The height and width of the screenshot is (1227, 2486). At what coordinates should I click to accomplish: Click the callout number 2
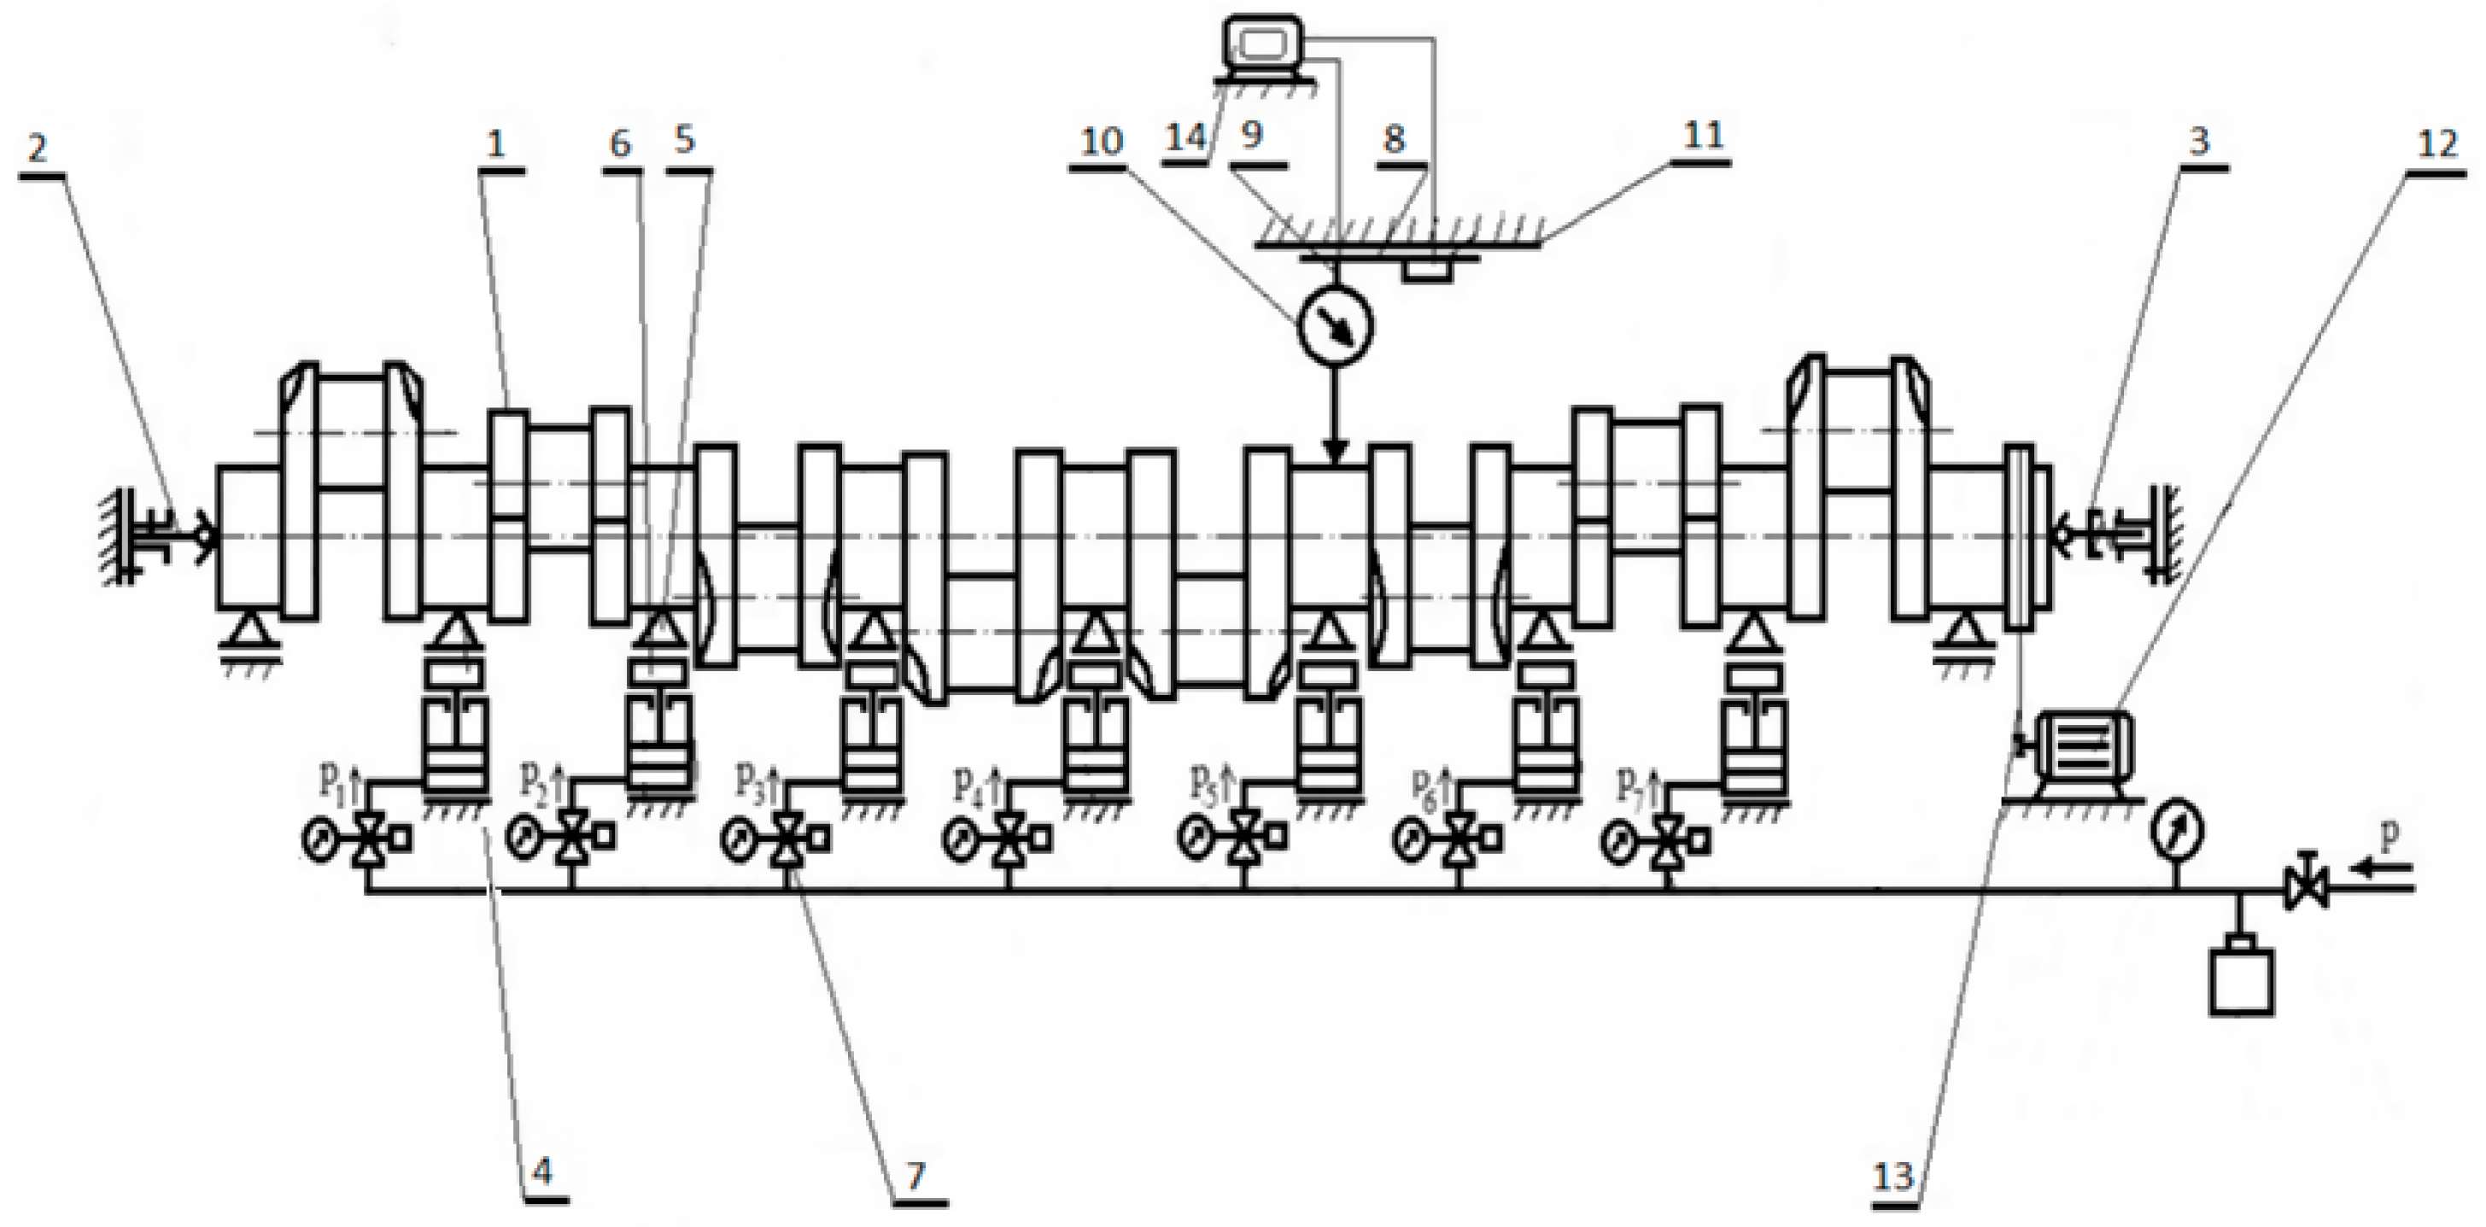(x=38, y=149)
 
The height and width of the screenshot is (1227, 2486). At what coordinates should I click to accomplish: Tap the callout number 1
(x=496, y=144)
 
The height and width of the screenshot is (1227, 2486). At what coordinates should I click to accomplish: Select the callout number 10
(x=1100, y=142)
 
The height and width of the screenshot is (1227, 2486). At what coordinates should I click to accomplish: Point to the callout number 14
(x=1186, y=138)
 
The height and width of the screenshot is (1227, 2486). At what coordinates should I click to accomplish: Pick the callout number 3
(x=2198, y=142)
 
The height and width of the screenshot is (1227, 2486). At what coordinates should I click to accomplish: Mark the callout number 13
(x=1892, y=1177)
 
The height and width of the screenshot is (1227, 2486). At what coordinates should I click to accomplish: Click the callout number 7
(x=915, y=1175)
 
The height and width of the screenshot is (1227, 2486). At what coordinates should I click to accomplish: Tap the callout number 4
(x=542, y=1173)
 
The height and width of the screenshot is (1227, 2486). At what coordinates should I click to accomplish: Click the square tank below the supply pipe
(x=2241, y=980)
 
